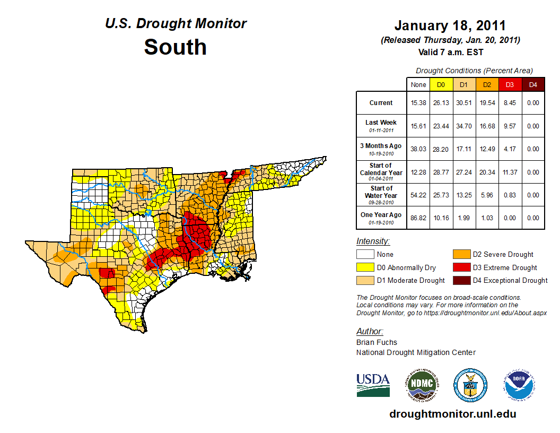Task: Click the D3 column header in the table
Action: [x=510, y=84]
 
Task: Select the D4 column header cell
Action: [x=533, y=84]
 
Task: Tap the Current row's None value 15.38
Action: [x=418, y=103]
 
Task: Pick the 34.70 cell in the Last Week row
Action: [x=463, y=126]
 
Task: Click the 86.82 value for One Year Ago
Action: [x=418, y=218]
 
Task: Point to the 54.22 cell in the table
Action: [x=418, y=195]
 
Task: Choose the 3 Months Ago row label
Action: [x=381, y=149]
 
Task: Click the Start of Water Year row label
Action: [x=381, y=195]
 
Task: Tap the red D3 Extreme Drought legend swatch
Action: [x=461, y=267]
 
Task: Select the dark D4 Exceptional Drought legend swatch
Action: [x=461, y=280]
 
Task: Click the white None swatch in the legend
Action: [x=365, y=255]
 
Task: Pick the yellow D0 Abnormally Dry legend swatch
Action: [x=365, y=267]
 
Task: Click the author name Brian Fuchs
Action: [x=377, y=342]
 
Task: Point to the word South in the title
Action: [x=175, y=47]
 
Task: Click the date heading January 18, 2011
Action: [x=450, y=25]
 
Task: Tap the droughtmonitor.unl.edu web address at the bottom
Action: [x=452, y=414]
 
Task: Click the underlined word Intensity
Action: [x=373, y=241]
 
